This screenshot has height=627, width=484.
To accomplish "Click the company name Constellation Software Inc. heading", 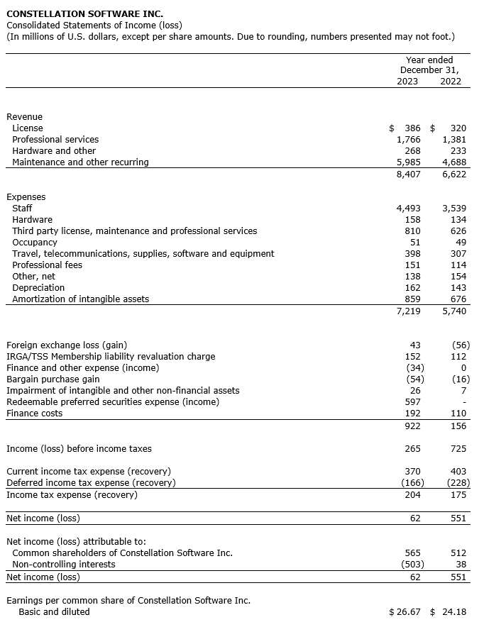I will click(84, 13).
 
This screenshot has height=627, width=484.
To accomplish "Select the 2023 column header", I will click(407, 81).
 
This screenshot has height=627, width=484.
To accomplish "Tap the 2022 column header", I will click(451, 81).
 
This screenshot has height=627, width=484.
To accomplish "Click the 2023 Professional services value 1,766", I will click(408, 140).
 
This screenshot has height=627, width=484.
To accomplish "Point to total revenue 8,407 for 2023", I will click(408, 174).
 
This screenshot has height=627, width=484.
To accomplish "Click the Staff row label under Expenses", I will click(23, 209).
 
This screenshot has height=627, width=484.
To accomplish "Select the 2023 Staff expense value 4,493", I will click(408, 209).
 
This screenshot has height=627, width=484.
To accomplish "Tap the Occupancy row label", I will click(34, 243).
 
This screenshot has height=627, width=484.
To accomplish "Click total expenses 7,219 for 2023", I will click(408, 311).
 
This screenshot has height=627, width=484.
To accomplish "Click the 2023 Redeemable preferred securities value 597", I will click(412, 402).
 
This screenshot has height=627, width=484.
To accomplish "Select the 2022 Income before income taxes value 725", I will click(458, 449).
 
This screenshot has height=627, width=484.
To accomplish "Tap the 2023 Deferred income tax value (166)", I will click(411, 483).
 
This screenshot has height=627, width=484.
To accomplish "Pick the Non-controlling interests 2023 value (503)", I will click(411, 565).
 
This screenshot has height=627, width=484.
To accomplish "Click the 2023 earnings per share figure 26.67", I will click(409, 611).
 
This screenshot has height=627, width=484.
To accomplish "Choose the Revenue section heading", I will click(24, 117).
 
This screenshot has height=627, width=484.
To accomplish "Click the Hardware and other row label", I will click(54, 151).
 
